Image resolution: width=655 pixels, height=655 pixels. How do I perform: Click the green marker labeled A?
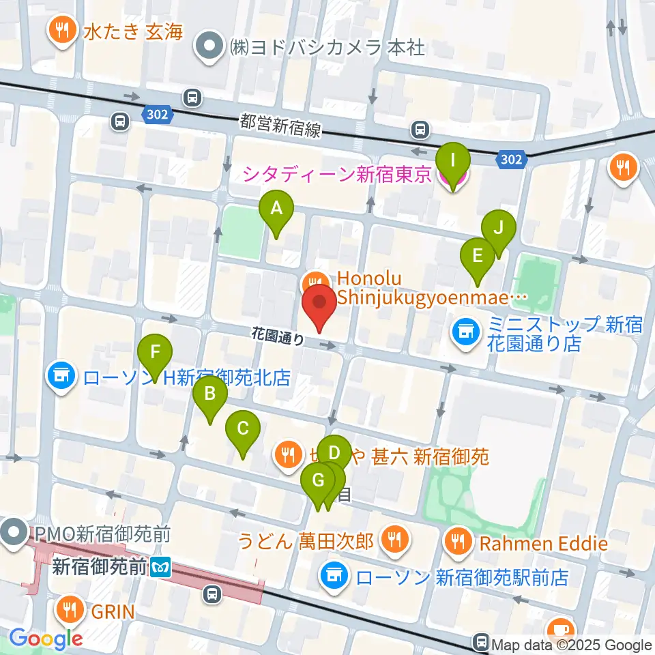pyautogui.click(x=276, y=209)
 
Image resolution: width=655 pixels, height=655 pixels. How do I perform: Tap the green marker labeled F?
pyautogui.click(x=155, y=353)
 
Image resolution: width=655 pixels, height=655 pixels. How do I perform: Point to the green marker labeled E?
pyautogui.click(x=478, y=257)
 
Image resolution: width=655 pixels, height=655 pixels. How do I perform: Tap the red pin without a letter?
pyautogui.click(x=319, y=303)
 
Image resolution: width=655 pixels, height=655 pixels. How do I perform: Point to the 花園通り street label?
pyautogui.click(x=278, y=336)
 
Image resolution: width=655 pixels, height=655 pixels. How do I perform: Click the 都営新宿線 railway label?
pyautogui.click(x=280, y=126)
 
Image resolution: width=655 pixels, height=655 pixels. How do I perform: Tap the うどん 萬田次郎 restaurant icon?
pyautogui.click(x=394, y=540)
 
